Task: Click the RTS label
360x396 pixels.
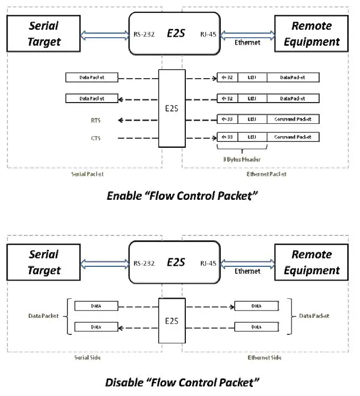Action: [x=96, y=120]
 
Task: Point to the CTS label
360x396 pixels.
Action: [x=96, y=138]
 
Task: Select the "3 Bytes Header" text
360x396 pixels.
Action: [x=242, y=158]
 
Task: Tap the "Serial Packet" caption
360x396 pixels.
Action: [x=88, y=174]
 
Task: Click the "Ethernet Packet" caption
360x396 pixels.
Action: [x=267, y=174]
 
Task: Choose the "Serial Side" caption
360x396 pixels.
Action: [x=88, y=357]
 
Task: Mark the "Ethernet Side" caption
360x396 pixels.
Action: [x=265, y=357]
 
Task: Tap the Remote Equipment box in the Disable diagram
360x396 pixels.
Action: [x=311, y=263]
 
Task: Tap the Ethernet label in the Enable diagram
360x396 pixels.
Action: [x=247, y=42]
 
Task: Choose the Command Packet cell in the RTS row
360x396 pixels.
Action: [x=293, y=120]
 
